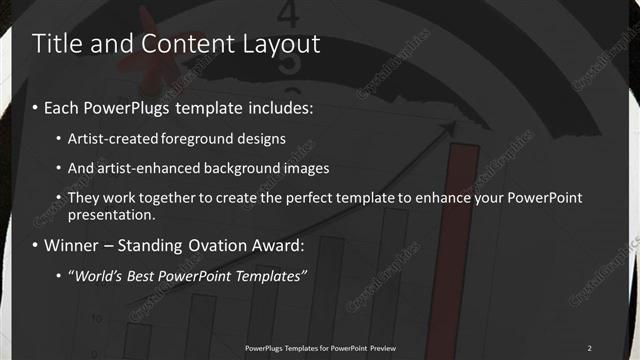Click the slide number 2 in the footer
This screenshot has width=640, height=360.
589,348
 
